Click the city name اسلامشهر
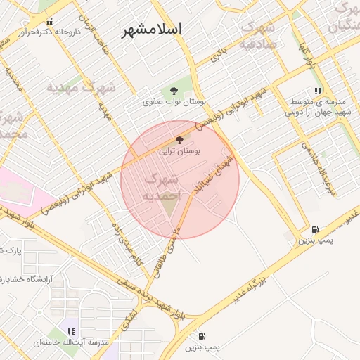point(152,30)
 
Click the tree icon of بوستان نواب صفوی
point(173,91)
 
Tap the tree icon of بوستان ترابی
point(179,140)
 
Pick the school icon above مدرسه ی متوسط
point(319,91)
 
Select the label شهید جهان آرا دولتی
point(317,112)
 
